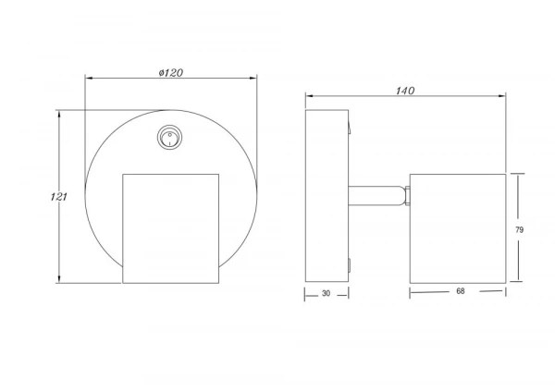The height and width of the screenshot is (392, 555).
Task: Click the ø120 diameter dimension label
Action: [171, 73]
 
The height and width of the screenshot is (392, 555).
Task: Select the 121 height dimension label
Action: [59, 197]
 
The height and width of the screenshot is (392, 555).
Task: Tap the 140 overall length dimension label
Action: [405, 91]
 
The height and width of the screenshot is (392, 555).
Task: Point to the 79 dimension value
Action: [519, 230]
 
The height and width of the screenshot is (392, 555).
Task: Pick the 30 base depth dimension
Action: [326, 293]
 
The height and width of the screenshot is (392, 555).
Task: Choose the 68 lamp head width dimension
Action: [460, 291]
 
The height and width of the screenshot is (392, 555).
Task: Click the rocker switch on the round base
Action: [170, 137]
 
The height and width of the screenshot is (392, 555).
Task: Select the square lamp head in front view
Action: [170, 228]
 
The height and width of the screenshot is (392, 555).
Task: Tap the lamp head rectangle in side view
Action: [458, 228]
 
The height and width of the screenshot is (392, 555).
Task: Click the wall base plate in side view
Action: [327, 196]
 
